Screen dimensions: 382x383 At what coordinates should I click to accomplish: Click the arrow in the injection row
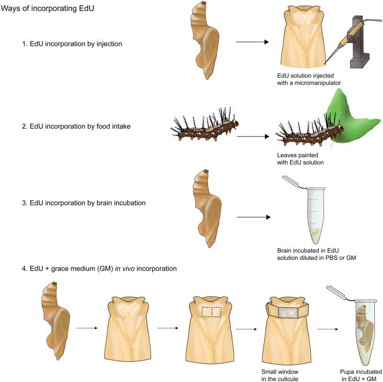click(252, 42)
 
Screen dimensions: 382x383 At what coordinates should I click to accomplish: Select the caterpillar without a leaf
click(203, 127)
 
